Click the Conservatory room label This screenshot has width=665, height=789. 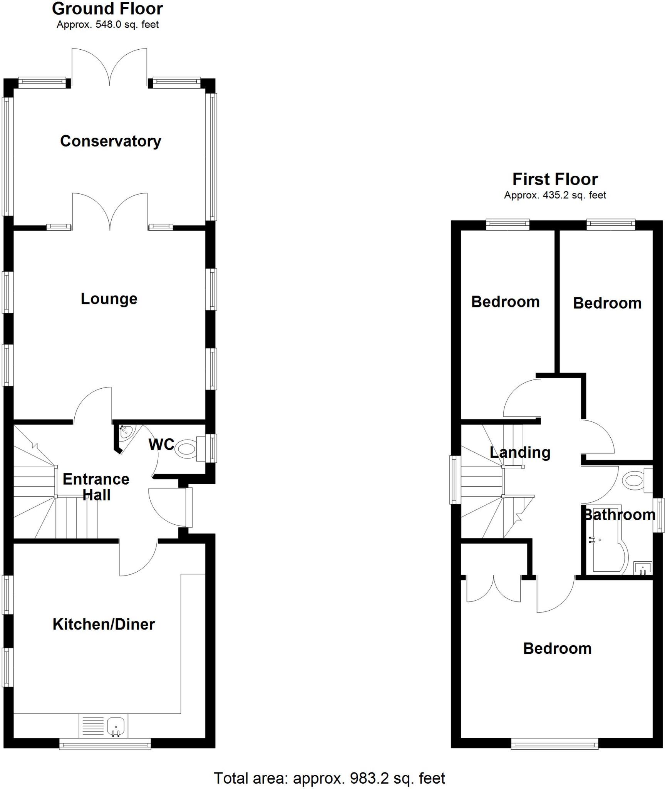111,141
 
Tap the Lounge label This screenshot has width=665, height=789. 109,299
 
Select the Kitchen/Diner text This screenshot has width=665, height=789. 104,624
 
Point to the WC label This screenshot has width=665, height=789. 161,445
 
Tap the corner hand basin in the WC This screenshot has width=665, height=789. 126,432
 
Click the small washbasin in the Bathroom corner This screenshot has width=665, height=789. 642,567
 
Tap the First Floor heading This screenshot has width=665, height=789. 555,179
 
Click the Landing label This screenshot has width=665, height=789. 520,452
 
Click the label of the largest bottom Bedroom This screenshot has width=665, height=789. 557,649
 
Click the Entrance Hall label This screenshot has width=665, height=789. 96,487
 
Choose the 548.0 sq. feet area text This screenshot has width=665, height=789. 108,25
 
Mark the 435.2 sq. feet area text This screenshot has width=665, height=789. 555,195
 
